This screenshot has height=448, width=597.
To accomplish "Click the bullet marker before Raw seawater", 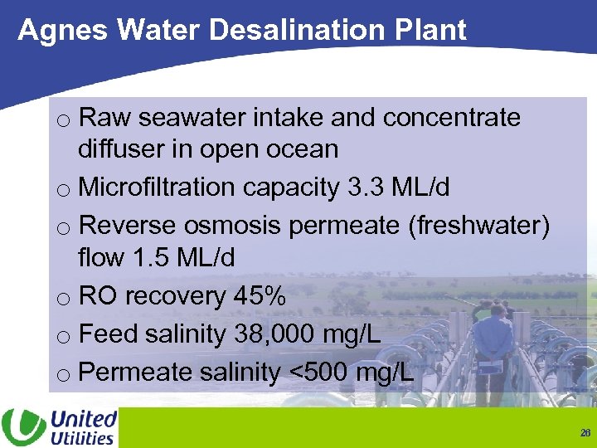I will pos(64,120).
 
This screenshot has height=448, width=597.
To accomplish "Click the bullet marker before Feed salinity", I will pos(64,336).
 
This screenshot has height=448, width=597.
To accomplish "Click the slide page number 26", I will pos(585,433).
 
